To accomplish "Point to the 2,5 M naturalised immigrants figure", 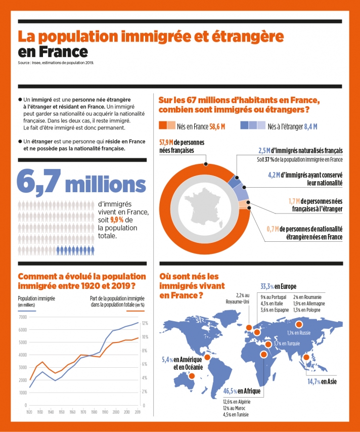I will (264, 151).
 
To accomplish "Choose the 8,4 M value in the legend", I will (311, 126).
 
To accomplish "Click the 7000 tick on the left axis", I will (22, 317).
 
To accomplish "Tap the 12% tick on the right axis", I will (145, 323).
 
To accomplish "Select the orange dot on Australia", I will (191, 376).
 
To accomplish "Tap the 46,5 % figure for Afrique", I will (231, 391).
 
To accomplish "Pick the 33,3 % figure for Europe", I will (266, 285).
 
